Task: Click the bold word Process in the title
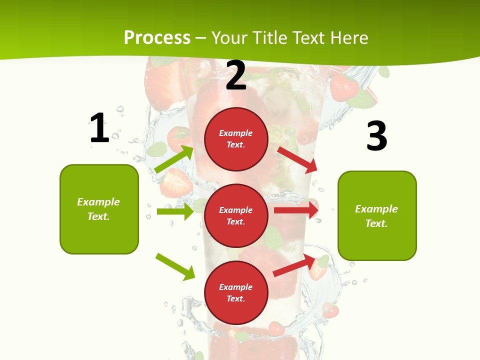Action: pyautogui.click(x=157, y=38)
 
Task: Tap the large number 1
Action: pyautogui.click(x=99, y=128)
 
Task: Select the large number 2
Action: pyautogui.click(x=236, y=75)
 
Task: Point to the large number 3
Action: pyautogui.click(x=376, y=136)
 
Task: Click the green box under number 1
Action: pyautogui.click(x=99, y=209)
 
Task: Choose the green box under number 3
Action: pyautogui.click(x=377, y=215)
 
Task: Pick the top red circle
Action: pyautogui.click(x=236, y=139)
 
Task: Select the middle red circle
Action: pyautogui.click(x=236, y=215)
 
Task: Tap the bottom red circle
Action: pyautogui.click(x=236, y=292)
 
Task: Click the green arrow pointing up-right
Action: pyautogui.click(x=174, y=159)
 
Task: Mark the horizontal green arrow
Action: pyautogui.click(x=175, y=211)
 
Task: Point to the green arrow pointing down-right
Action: pyautogui.click(x=175, y=266)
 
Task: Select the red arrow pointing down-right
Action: pyautogui.click(x=298, y=159)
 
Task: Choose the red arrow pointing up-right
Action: pyautogui.click(x=294, y=265)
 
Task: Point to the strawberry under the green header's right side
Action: pyautogui.click(x=344, y=87)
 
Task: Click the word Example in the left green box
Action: pyautogui.click(x=98, y=202)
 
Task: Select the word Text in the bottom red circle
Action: pyautogui.click(x=235, y=298)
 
